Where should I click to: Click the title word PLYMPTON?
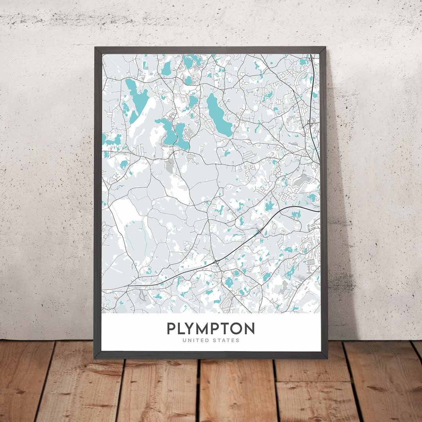click(211, 329)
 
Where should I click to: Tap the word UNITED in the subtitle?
click(195, 340)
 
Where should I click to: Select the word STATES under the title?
click(226, 340)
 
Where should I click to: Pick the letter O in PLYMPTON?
click(236, 329)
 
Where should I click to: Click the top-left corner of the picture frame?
click(95, 48)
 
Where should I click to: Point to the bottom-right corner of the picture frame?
click(327, 358)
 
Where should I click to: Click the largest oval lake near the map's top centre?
click(218, 114)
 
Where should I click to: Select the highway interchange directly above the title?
click(216, 261)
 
